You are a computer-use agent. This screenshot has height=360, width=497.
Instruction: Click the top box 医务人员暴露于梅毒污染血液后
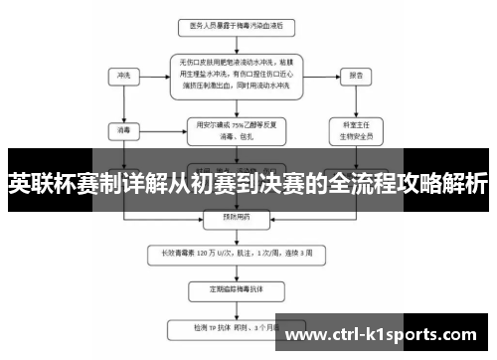pos(231,24)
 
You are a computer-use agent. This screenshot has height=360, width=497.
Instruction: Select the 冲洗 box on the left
pos(123,75)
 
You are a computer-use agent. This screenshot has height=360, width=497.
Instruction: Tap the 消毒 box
pos(123,130)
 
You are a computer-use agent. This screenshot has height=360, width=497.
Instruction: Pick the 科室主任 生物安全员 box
pos(354,130)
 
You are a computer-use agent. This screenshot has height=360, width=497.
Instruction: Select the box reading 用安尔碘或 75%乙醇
pos(231,130)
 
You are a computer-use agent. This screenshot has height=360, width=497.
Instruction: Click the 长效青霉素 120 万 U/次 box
pos(231,253)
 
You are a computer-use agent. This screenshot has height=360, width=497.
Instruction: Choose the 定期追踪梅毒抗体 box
pos(231,289)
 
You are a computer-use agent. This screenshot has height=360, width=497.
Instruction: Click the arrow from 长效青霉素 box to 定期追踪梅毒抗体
pos(231,270)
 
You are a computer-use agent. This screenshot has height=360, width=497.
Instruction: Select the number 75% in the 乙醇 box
pos(236,124)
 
